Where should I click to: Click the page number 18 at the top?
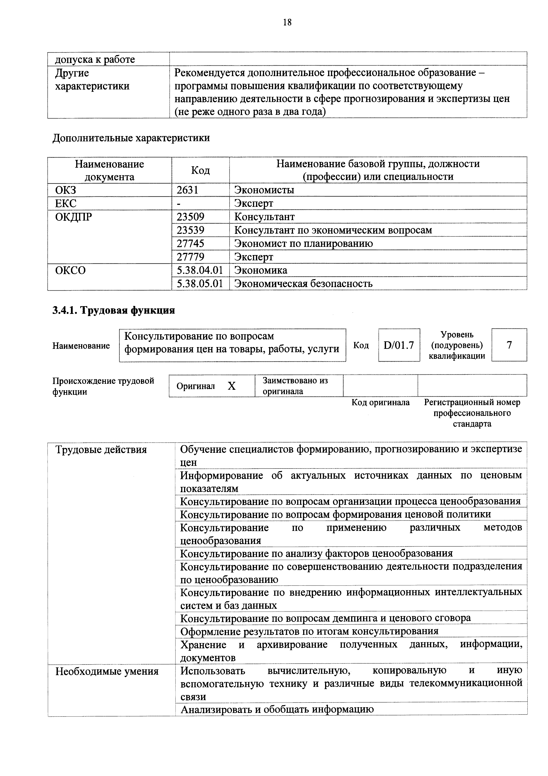287,22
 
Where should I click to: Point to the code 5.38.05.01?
200,284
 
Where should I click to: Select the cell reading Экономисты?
264,190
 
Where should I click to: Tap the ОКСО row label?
70,270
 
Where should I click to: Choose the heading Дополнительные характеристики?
131,138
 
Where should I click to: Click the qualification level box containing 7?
509,345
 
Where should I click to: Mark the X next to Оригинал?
231,386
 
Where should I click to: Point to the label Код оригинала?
380,403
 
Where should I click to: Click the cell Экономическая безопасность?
303,284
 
